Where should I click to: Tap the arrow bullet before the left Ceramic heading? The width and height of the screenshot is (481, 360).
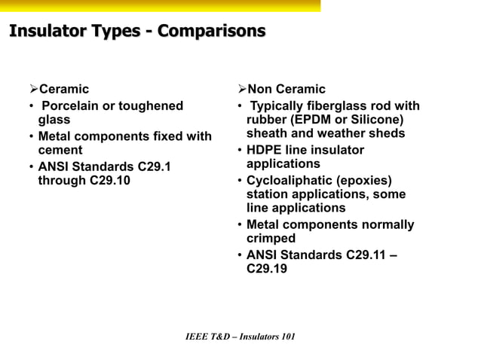[32, 90]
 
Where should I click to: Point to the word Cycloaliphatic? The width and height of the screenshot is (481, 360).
[295, 180]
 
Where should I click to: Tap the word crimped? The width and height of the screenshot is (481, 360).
[271, 239]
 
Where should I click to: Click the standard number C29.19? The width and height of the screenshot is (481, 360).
[267, 268]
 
